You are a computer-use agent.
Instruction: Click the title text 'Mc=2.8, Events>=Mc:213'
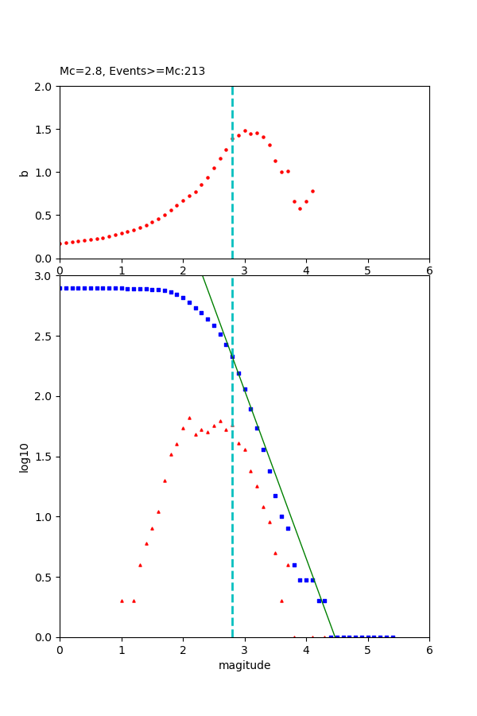click(x=132, y=71)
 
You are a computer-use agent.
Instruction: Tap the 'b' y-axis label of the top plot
click(x=24, y=173)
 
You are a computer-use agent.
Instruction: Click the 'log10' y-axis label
click(x=24, y=457)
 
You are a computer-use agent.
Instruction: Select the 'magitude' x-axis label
click(x=244, y=665)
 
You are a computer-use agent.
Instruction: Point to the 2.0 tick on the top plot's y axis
click(x=45, y=87)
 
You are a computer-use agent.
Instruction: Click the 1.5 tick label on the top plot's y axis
click(x=45, y=130)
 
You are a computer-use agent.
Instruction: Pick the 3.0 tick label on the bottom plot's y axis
click(x=45, y=276)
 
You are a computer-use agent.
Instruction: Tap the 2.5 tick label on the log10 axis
click(x=45, y=337)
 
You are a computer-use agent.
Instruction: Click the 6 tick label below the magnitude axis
click(x=429, y=649)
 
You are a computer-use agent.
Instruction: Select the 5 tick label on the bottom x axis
click(x=367, y=649)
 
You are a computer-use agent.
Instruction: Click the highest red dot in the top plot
click(x=245, y=130)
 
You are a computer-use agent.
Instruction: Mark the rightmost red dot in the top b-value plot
click(x=312, y=191)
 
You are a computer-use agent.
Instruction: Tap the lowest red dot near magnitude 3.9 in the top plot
click(x=300, y=208)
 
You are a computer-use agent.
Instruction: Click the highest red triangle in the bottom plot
click(x=189, y=418)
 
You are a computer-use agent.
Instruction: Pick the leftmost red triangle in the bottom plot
click(x=122, y=601)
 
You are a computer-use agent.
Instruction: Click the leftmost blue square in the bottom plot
click(x=61, y=288)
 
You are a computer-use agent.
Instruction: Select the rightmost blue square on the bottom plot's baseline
click(x=393, y=636)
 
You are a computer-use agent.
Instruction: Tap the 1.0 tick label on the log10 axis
click(x=45, y=517)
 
